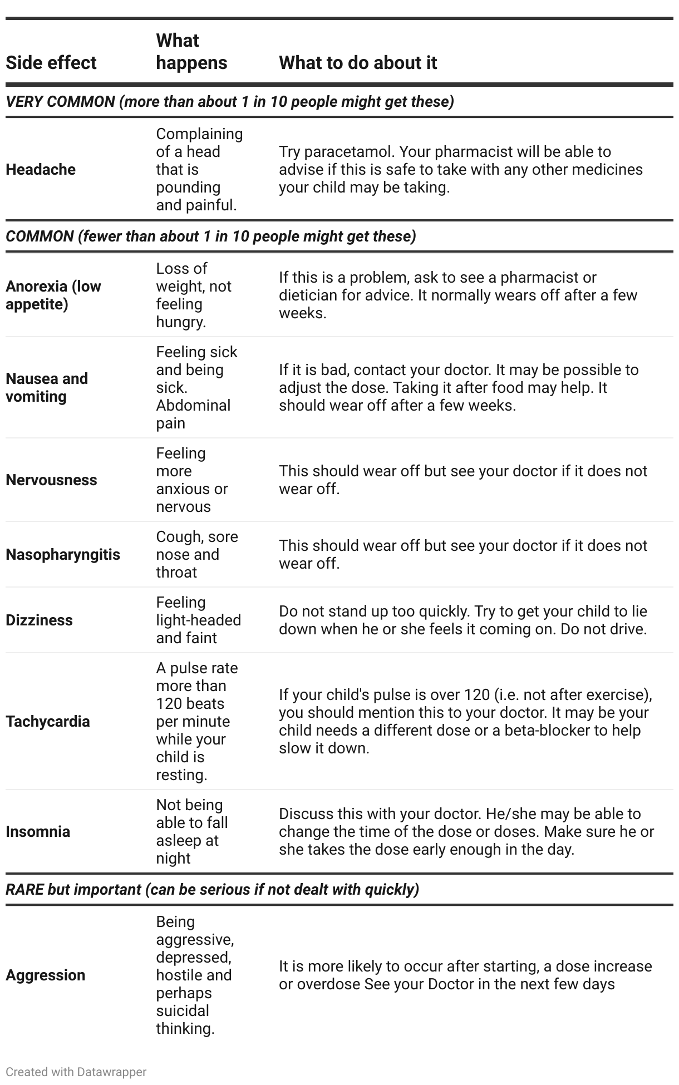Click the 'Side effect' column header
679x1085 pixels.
click(51, 63)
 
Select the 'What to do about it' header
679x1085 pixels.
click(358, 63)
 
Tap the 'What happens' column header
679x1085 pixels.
click(191, 52)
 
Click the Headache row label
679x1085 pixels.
click(41, 170)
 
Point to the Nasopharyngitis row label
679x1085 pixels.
click(63, 555)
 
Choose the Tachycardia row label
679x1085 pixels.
click(48, 722)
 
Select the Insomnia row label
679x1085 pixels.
click(38, 832)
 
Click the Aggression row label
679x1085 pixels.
click(46, 975)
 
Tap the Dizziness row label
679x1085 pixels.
click(39, 620)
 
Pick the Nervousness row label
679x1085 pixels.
click(51, 480)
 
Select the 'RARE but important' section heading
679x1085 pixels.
click(212, 890)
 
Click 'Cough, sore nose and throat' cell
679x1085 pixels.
click(197, 555)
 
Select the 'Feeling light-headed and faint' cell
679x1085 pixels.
click(198, 620)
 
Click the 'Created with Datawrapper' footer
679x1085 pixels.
click(76, 1072)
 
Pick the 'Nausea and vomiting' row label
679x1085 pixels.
click(47, 388)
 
